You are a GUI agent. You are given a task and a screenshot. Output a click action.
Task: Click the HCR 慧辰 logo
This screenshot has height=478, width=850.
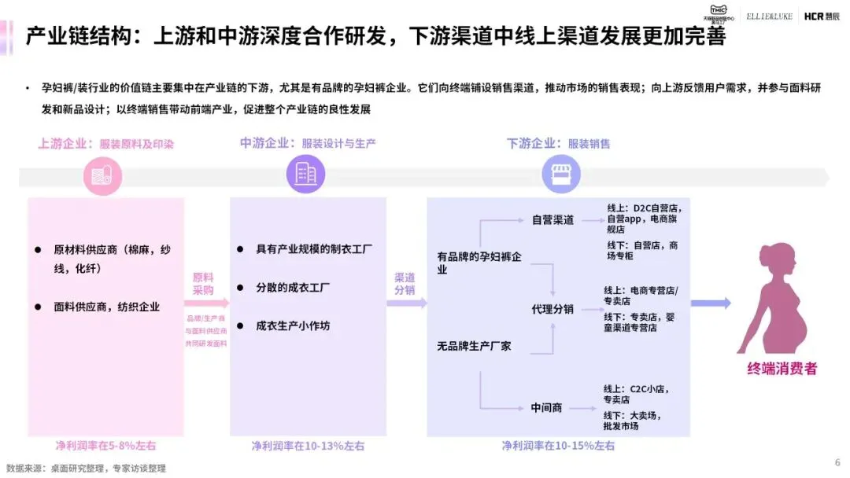point(821,16)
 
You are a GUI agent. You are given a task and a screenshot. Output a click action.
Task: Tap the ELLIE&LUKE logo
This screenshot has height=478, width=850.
point(770,16)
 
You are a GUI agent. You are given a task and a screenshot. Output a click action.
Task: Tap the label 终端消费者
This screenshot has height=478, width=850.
point(782,368)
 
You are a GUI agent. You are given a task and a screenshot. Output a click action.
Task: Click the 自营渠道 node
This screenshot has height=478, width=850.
point(552,219)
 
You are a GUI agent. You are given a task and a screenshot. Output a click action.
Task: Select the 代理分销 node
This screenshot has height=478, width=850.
point(552,309)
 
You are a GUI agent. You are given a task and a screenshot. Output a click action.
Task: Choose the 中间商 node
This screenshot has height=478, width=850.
point(546,407)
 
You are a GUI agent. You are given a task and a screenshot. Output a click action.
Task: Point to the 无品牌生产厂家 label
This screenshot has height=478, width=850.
point(474,345)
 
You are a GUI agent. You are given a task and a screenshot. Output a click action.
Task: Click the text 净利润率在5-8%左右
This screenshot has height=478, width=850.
point(105,446)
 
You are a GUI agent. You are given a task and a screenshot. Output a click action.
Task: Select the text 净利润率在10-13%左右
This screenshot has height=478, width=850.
point(308,446)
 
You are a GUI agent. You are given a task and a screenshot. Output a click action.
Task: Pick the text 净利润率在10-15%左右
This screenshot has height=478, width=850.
point(558,446)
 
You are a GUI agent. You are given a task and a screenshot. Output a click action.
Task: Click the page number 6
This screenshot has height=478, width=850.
point(837,461)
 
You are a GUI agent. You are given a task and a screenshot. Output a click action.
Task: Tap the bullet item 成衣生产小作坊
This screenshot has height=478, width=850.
point(293,325)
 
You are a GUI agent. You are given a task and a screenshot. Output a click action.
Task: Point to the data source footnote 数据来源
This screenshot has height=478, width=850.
point(86,468)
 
